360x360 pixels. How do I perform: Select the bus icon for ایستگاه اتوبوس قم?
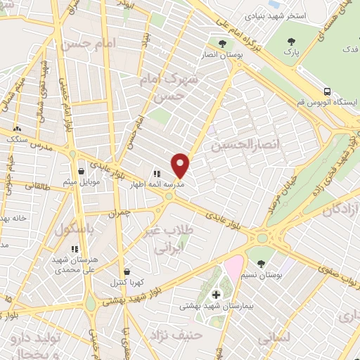[328, 91]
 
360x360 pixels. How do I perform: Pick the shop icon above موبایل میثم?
[82, 171]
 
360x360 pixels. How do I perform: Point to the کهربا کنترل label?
[126, 283]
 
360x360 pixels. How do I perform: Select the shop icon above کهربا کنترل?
[126, 271]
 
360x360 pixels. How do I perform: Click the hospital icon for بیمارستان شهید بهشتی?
[216, 294]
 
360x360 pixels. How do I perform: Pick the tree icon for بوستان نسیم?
[261, 264]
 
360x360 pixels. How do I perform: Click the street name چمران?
[120, 212]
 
